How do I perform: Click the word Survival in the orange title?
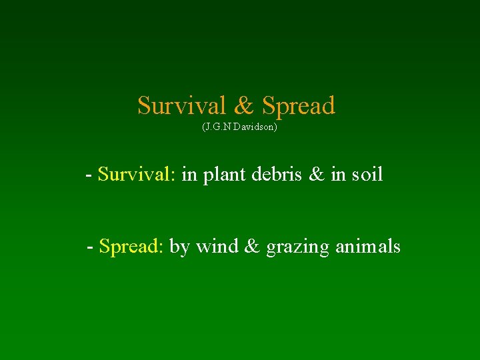coord(181,105)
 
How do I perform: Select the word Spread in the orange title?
coord(298,105)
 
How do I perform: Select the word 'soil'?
coord(366,175)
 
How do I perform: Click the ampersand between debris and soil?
coord(318,175)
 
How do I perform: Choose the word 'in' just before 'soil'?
coord(339,175)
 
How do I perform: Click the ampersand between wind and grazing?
coord(252,247)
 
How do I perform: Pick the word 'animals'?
coord(367,247)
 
